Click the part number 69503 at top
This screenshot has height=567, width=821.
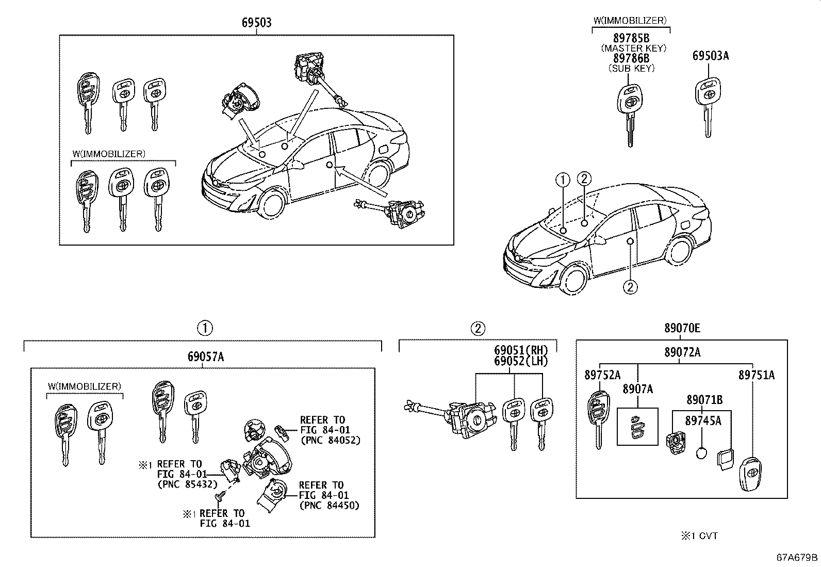(256, 23)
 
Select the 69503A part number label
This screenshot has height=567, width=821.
(711, 56)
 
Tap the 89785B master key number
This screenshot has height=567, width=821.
(631, 38)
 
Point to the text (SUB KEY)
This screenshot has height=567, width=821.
(631, 68)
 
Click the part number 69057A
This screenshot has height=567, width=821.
(205, 357)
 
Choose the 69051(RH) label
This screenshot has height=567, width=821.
(521, 351)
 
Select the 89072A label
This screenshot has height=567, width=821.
(682, 352)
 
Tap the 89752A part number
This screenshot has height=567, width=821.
(602, 375)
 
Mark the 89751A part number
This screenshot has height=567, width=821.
(756, 375)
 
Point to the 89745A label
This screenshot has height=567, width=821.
(703, 420)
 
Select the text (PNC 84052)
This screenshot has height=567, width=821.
(330, 440)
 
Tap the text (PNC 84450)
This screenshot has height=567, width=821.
(329, 505)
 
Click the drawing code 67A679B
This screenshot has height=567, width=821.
(797, 557)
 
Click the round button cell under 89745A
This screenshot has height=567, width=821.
(701, 454)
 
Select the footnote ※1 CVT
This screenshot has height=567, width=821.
(699, 536)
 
